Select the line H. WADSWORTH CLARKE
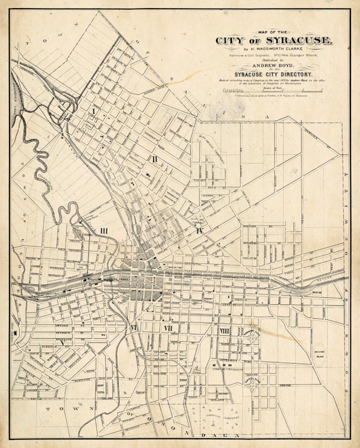(273, 49)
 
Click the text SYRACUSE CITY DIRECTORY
(273, 74)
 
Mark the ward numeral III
(104, 231)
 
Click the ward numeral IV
(199, 231)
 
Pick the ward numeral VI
(133, 327)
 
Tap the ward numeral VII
(168, 328)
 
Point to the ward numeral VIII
(224, 331)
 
